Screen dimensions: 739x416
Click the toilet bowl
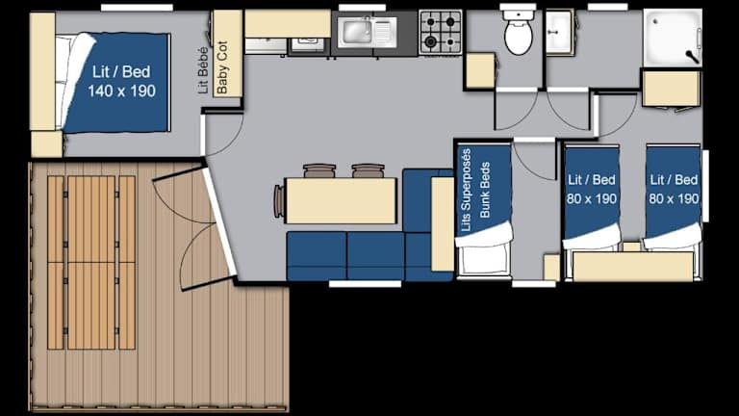[519, 37]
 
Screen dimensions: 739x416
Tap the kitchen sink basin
[356, 32]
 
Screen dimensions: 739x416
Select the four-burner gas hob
[440, 32]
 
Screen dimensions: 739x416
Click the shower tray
[673, 38]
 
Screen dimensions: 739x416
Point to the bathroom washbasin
[559, 32]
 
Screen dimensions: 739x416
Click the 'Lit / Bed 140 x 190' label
[121, 81]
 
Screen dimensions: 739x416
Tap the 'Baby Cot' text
[222, 67]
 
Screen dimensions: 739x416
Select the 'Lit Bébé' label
[203, 69]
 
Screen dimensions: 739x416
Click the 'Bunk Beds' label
[485, 190]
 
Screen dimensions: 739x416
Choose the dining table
[341, 200]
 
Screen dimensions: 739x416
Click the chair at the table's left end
[279, 201]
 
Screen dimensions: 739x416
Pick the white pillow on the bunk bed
[484, 235]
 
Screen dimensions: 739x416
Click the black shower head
[692, 57]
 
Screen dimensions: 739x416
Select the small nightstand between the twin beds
[632, 247]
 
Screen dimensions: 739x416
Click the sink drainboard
[385, 32]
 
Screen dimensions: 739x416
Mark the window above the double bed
[137, 8]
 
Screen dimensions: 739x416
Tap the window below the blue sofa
[365, 283]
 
